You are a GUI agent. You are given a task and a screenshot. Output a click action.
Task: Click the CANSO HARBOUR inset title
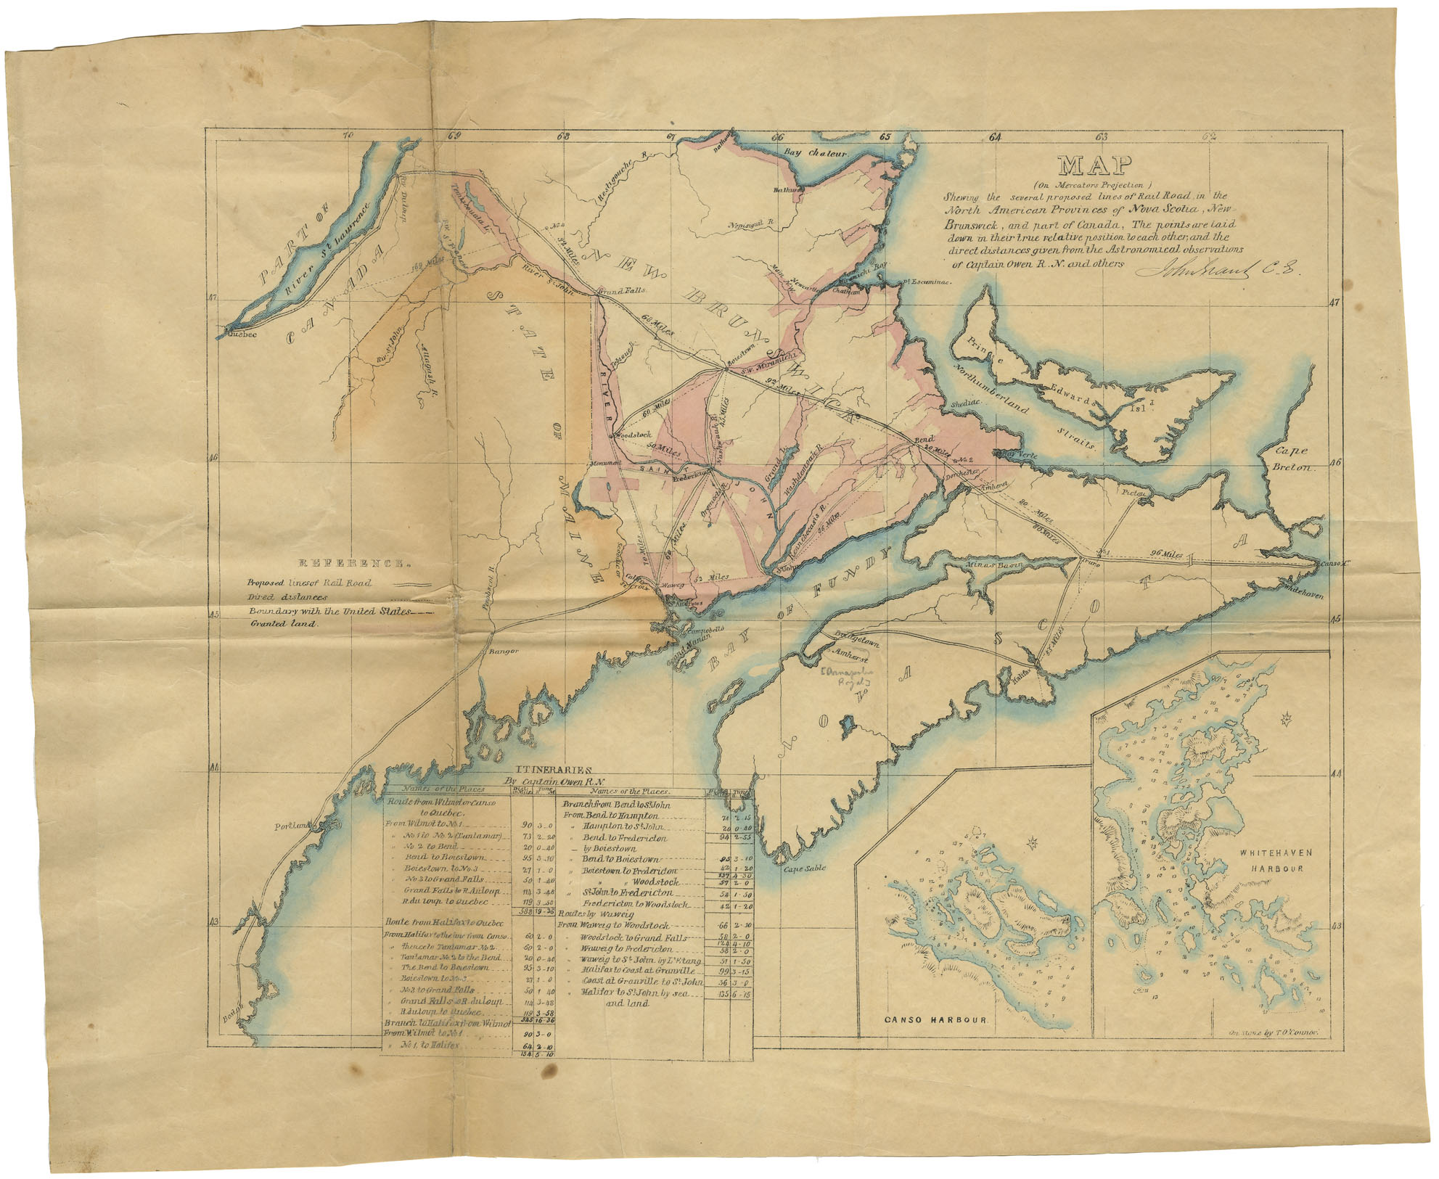[x=936, y=1019]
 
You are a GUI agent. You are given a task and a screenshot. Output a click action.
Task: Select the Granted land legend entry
[x=284, y=623]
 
